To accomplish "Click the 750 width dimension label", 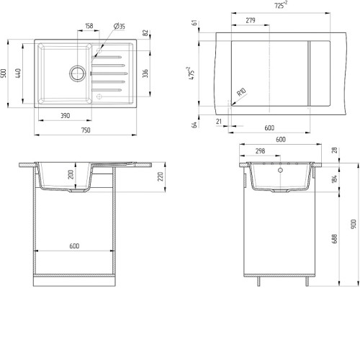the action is [86, 130].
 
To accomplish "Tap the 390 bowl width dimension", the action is [65, 116].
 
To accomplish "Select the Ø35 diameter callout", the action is [120, 26].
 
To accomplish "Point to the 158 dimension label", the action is [89, 26].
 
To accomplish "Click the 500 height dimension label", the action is [4, 73].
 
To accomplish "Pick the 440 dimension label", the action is [18, 73].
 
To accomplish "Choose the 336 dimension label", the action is [145, 73].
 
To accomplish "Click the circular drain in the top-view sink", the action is [78, 73].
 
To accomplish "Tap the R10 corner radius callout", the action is [241, 92].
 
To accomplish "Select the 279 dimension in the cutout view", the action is [251, 20].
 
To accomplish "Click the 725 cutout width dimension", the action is [281, 5].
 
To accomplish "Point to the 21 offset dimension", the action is [218, 122].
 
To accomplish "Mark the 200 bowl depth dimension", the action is [71, 175].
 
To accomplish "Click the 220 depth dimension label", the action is [161, 176].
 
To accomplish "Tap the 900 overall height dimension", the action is [354, 224].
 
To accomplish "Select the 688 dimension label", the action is [335, 239].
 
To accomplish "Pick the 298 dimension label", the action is [260, 151].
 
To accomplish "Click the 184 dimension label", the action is [335, 179].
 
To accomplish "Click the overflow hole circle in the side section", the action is [280, 171].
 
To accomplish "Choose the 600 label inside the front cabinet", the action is [74, 246].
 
